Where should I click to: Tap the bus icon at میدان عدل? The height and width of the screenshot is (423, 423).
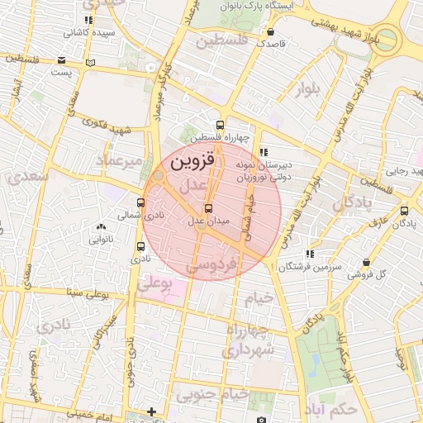207,208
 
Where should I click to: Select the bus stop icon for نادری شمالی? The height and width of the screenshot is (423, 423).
140,202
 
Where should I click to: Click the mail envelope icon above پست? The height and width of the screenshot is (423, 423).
63,59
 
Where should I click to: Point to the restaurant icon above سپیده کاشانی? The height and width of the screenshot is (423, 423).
88,20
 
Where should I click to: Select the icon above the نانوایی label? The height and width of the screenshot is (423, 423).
101,226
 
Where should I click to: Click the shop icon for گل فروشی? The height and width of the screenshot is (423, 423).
366,262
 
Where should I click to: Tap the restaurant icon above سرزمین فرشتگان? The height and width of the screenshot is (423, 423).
310,254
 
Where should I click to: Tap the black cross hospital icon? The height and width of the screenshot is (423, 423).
151,411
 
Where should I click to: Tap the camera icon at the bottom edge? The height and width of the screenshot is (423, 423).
261,419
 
